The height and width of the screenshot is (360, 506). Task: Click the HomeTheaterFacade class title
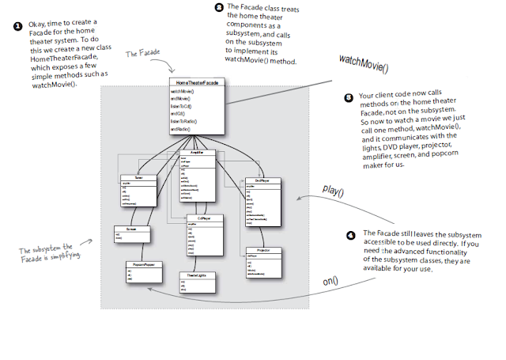click(x=197, y=82)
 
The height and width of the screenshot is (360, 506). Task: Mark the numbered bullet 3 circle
click(x=349, y=97)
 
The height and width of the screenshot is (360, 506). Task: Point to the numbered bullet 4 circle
click(x=352, y=236)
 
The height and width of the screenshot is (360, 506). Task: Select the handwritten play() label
click(x=334, y=189)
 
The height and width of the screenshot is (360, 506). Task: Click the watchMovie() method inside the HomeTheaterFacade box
click(x=183, y=91)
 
